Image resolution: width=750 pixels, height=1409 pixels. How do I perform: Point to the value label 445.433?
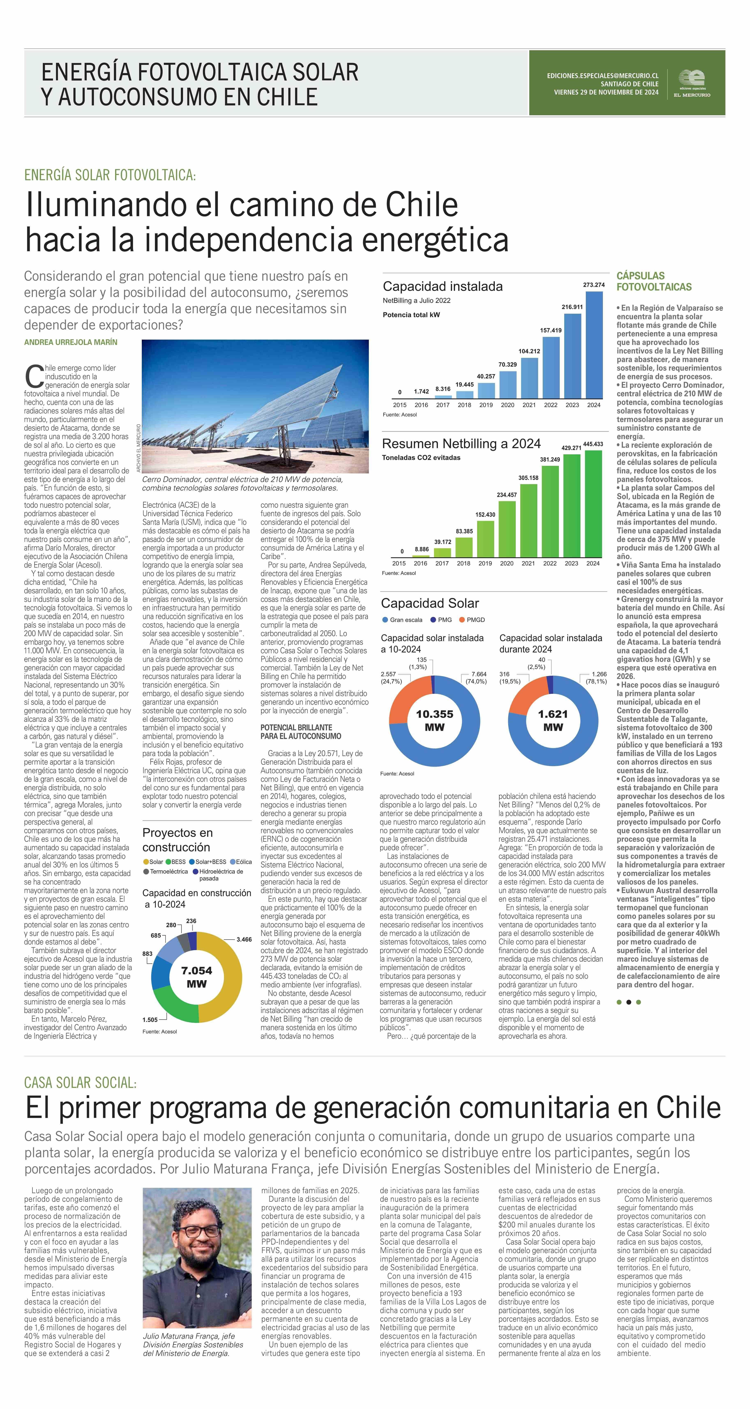click(x=593, y=444)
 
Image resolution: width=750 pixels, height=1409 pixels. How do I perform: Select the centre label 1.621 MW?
click(x=553, y=720)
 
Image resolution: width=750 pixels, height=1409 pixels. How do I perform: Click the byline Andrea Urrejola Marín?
click(x=70, y=342)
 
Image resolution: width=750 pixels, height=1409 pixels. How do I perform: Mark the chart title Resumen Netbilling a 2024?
click(x=461, y=444)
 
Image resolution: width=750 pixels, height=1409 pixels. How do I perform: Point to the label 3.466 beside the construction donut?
click(x=244, y=939)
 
